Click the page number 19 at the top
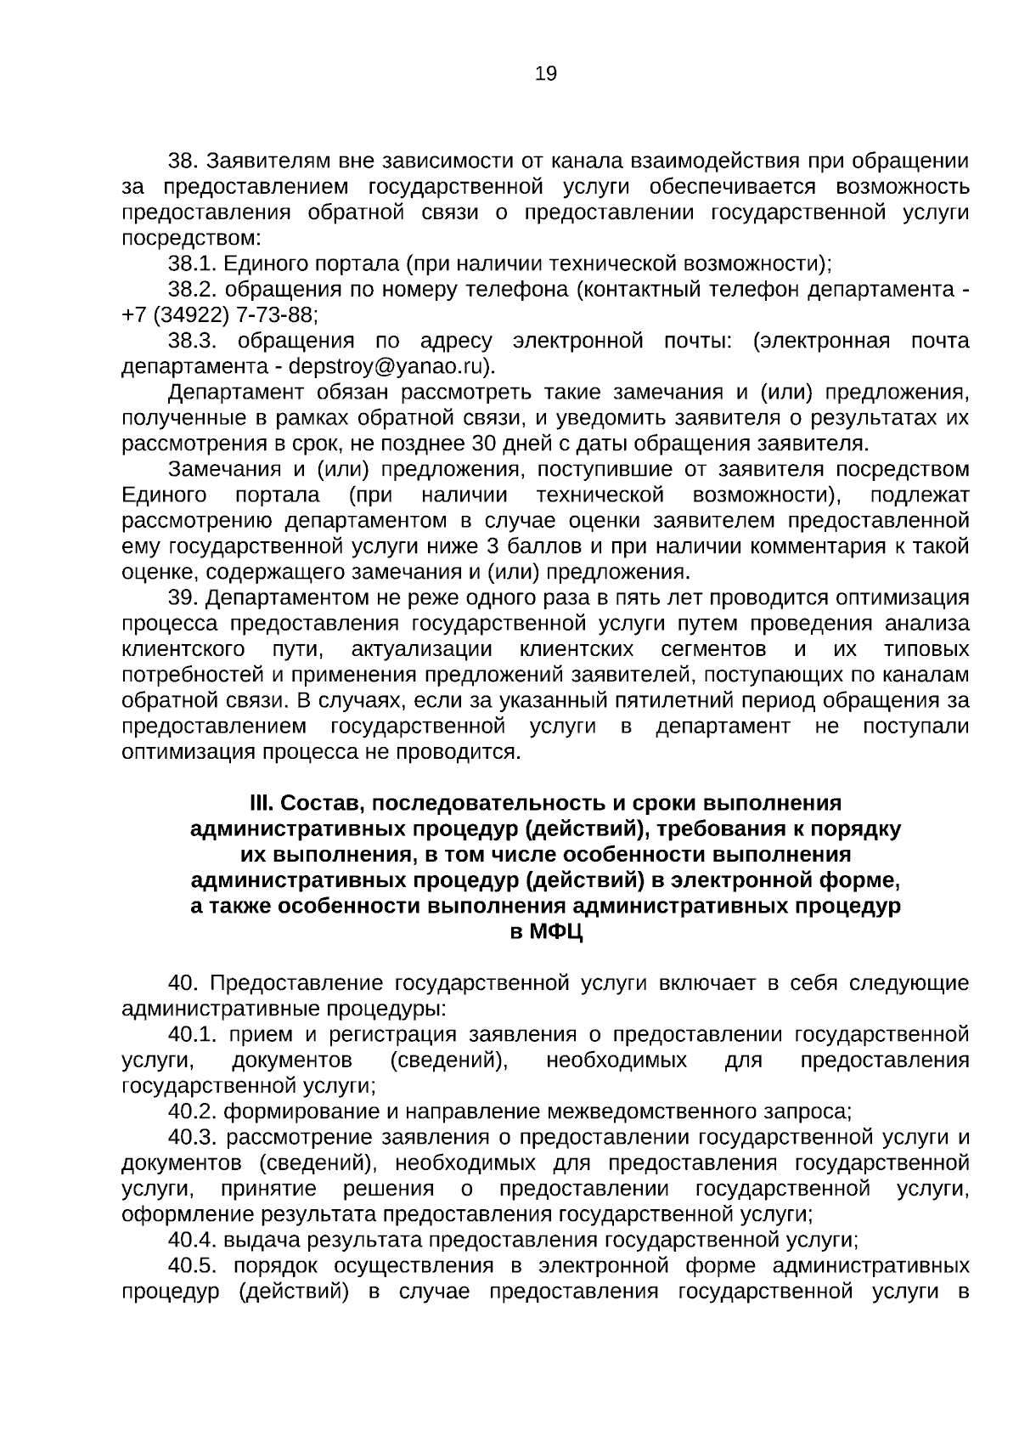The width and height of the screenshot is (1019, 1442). [x=546, y=75]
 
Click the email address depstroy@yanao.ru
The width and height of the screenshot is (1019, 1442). [x=390, y=367]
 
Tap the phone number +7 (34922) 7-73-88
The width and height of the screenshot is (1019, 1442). [x=219, y=315]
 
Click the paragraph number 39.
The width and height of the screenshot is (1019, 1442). [x=183, y=598]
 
